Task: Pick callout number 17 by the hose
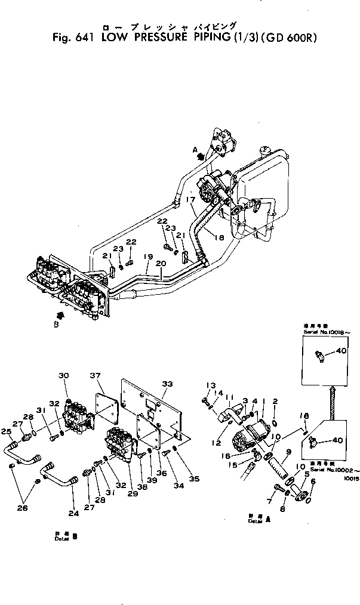189,199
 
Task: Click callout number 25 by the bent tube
7,431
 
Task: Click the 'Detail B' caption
63,535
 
